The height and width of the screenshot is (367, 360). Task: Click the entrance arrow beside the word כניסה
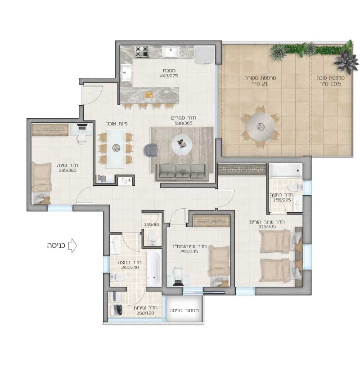72,246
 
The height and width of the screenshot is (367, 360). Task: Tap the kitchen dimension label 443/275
169,76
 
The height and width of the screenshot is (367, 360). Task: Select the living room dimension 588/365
184,123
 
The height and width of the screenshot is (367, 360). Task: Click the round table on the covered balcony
260,127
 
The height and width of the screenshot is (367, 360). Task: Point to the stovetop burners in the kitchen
142,52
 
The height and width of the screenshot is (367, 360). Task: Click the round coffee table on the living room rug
182,144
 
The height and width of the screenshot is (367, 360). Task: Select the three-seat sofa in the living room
182,173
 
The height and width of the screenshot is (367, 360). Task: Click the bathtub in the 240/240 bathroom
154,269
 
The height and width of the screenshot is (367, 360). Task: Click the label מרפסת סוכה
330,78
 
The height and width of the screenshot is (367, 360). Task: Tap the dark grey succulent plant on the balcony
346,62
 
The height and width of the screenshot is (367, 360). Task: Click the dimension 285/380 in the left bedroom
67,170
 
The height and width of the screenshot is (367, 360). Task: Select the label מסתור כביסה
184,310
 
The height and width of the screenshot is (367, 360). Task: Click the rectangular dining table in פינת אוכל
116,148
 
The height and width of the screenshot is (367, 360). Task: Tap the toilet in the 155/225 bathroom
295,187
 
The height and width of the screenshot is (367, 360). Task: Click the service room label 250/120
145,313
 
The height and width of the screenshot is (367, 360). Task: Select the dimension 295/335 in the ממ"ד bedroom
189,251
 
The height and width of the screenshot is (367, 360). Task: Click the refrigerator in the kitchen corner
204,54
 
